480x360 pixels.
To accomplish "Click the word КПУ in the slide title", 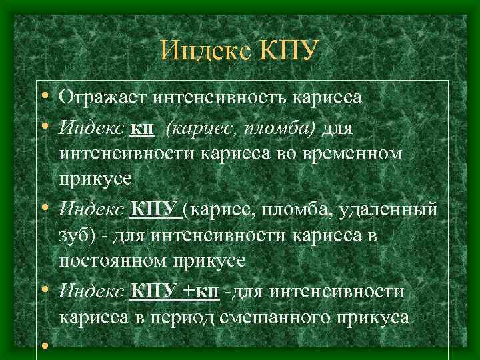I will pyautogui.click(x=287, y=51).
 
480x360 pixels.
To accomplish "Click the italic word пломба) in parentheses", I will pyautogui.click(x=281, y=127).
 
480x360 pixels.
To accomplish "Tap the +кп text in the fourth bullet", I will pyautogui.click(x=201, y=291).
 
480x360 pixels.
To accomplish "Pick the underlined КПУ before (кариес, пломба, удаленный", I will pyautogui.click(x=155, y=210).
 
